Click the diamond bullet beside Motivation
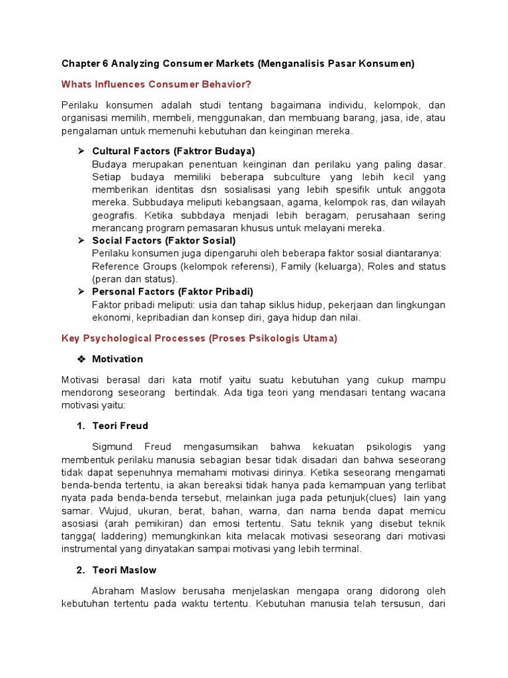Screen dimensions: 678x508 (81, 360)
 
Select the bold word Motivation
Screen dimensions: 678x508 (117, 359)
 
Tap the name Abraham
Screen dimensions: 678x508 (114, 591)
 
